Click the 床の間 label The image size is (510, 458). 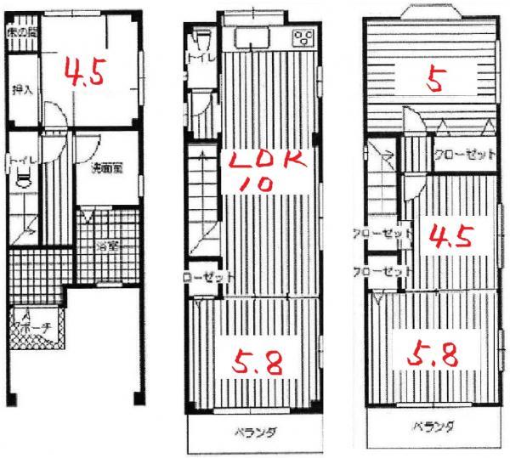click(x=22, y=33)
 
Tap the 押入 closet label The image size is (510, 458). click(x=22, y=88)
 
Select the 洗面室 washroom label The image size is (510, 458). click(x=108, y=167)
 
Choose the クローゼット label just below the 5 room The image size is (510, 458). click(x=465, y=155)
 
